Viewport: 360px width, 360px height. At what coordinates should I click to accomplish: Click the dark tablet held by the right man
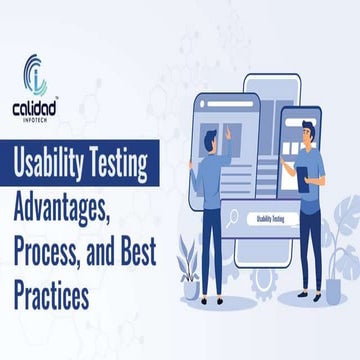304,178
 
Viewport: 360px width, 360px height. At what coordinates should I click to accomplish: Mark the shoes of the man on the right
300,295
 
